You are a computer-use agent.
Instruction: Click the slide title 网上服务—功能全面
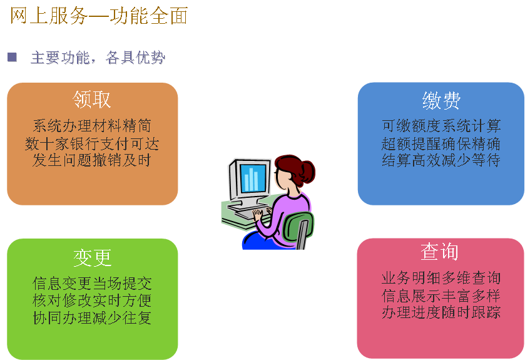[x=99, y=16]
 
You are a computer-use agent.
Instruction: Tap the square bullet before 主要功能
[x=12, y=57]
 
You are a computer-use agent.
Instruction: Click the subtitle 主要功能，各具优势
[x=98, y=58]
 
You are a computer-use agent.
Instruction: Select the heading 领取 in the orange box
[x=92, y=100]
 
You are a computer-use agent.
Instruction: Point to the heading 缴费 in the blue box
[x=441, y=100]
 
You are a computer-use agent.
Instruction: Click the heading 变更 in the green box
[x=92, y=258]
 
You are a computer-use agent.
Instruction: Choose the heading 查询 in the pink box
[x=440, y=252]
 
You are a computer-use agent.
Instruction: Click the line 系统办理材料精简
[x=92, y=126]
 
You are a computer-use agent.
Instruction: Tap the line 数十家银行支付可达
[x=92, y=143]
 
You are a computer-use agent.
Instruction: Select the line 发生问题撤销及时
[x=92, y=160]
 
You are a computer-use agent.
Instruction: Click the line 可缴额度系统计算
[x=441, y=126]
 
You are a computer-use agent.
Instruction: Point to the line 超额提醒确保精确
[x=441, y=143]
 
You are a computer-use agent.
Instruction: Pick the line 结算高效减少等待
[x=441, y=160]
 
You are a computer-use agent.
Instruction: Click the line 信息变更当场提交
[x=92, y=284]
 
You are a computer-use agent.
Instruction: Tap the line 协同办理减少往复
[x=92, y=318]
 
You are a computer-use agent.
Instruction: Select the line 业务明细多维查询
[x=441, y=278]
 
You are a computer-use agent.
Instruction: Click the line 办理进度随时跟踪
[x=441, y=312]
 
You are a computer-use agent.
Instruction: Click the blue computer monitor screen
[x=252, y=178]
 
